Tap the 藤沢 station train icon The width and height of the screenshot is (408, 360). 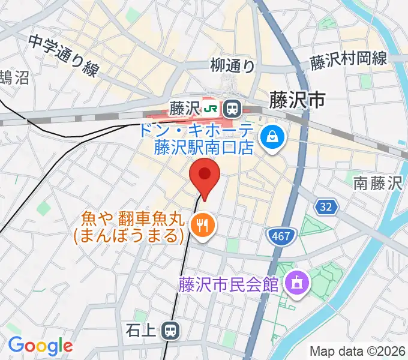tap(231, 109)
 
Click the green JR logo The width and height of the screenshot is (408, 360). tap(211, 109)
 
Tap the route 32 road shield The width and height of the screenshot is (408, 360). tap(325, 207)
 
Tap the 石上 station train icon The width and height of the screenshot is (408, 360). tap(172, 329)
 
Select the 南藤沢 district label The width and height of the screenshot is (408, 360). tap(377, 182)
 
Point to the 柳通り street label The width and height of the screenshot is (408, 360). tap(233, 65)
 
